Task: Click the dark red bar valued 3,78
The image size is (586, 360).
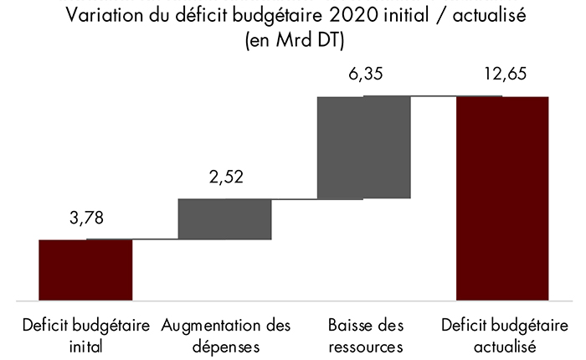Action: point(86,270)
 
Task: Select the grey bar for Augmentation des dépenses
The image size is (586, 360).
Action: point(225,219)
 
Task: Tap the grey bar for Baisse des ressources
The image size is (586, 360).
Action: point(363,147)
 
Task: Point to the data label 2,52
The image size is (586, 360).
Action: point(225,178)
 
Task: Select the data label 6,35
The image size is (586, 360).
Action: point(363,76)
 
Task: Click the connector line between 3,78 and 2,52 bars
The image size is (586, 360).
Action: point(155,239)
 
